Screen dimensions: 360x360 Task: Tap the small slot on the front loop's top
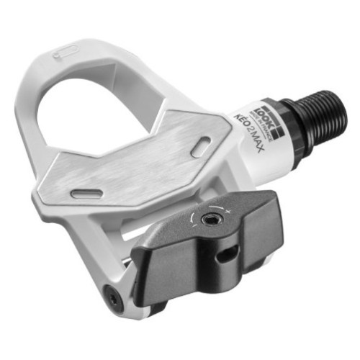tap(67, 52)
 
